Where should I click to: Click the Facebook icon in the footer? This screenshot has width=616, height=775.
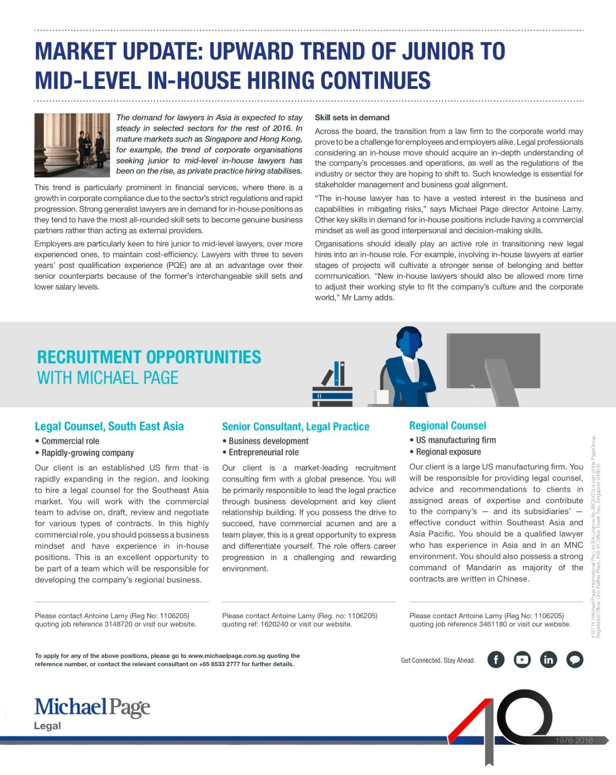(496, 660)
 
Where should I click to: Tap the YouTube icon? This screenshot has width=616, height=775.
(522, 660)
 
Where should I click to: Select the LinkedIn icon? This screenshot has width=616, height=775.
(548, 660)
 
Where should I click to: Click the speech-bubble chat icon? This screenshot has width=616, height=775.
(575, 660)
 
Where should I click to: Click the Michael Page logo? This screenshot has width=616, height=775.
(92, 707)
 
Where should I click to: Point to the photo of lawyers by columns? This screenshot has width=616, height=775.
(72, 144)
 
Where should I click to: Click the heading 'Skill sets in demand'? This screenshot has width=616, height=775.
(352, 118)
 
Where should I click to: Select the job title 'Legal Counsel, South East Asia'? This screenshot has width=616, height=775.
(109, 426)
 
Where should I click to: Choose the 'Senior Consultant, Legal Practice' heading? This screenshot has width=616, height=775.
(295, 426)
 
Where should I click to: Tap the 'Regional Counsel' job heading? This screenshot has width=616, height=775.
(448, 426)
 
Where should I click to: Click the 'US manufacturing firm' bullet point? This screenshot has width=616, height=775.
(455, 440)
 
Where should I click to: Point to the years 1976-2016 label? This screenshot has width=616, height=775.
(574, 740)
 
